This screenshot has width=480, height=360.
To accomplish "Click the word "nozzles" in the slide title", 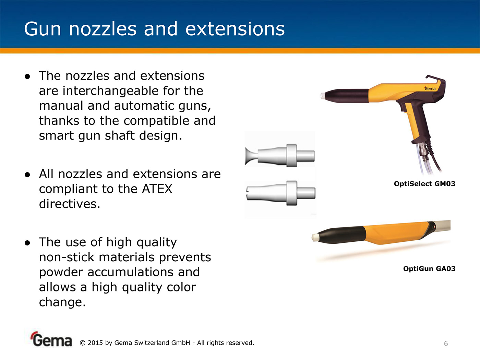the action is pos(103,29).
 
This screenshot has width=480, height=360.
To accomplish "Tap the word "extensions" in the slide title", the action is pos(235,29).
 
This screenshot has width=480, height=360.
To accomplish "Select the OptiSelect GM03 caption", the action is pos(424,184).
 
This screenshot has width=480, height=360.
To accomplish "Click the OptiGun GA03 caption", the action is pos(429,269).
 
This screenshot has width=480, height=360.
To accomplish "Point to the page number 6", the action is pos(446,344).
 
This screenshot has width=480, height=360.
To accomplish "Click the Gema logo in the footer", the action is pos(51,339).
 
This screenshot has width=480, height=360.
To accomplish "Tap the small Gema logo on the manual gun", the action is pos(430,88).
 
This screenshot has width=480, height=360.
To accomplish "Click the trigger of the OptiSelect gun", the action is pos(402,107).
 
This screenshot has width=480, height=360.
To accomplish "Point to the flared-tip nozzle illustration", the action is pos(280,156).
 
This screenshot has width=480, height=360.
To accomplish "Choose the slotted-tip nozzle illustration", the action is pos(281,193).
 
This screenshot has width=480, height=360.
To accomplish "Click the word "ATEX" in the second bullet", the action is pos(157,189).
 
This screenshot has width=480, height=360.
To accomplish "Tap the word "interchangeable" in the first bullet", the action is pos(111,91).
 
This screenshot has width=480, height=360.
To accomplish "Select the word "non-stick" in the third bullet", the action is pos(67,257).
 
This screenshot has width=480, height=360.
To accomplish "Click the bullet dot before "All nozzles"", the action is pos(27,175).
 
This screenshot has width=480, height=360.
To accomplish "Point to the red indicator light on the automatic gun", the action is pos(434,227).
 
